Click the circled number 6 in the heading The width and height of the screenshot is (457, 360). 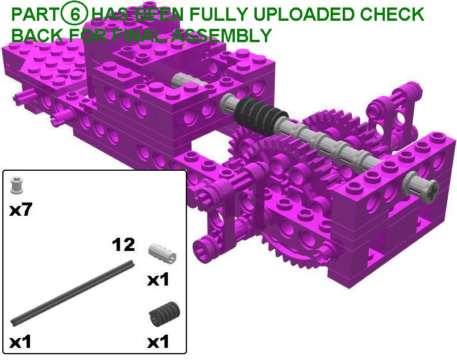74,14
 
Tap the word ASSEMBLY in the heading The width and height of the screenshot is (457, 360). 221,35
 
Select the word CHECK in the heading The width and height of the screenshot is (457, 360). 391,14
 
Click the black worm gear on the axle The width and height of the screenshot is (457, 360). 260,113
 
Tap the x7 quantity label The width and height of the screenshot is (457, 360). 20,210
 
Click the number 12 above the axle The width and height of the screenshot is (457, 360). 123,245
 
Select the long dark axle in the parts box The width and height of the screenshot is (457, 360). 73,292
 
